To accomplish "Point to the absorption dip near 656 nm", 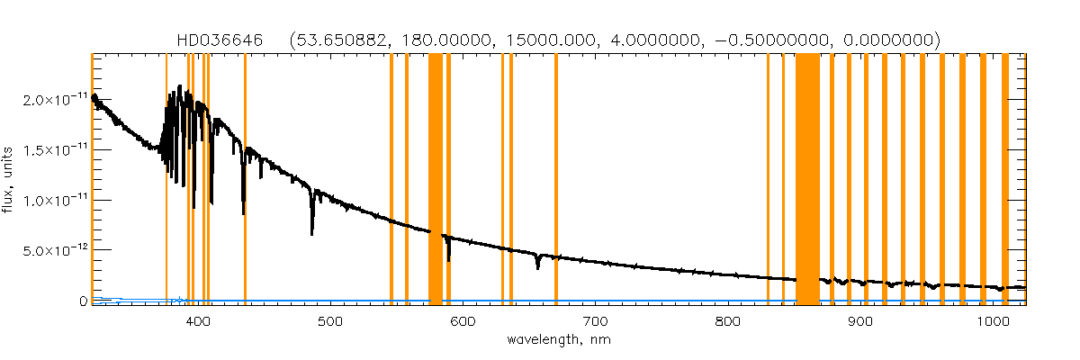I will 537,265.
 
